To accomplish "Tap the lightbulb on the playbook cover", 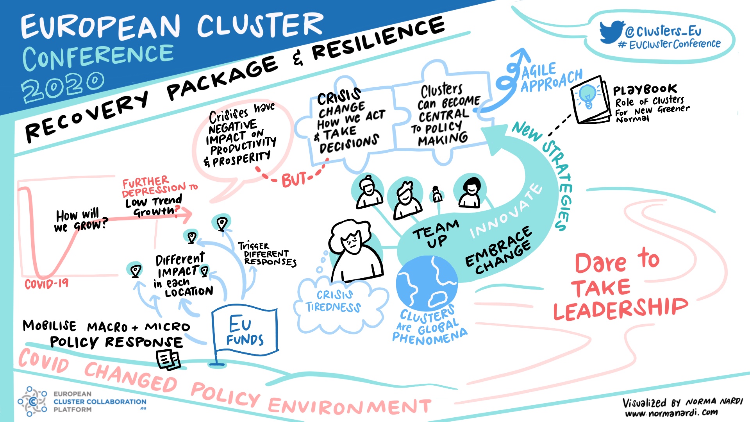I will pyautogui.click(x=587, y=96).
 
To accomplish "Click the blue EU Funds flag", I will pyautogui.click(x=245, y=331).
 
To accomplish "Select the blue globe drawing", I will pyautogui.click(x=426, y=283).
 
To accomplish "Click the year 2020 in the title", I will pyautogui.click(x=62, y=86).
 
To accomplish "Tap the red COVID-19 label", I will pyautogui.click(x=46, y=283).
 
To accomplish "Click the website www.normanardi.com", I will pyautogui.click(x=671, y=413).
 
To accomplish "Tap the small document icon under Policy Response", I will pyautogui.click(x=168, y=359).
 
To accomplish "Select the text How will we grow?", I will pyautogui.click(x=80, y=220).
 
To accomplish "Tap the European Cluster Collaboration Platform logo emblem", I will pyautogui.click(x=32, y=401).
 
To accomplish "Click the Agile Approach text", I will pyautogui.click(x=551, y=78).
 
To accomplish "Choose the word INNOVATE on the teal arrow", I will pyautogui.click(x=506, y=211).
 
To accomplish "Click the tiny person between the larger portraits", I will pyautogui.click(x=437, y=194).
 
